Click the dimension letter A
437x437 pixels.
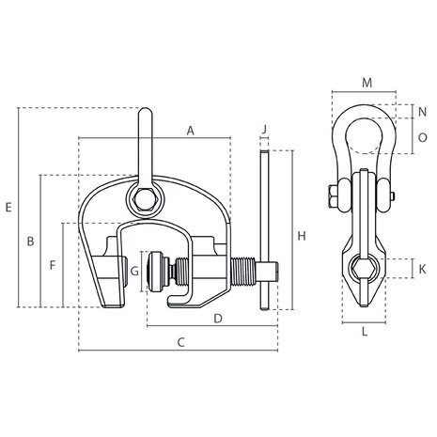(x=190, y=131)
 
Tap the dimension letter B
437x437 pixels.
(x=30, y=242)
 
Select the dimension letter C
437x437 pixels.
(x=181, y=342)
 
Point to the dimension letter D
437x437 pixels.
(x=218, y=319)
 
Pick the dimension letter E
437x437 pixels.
(x=8, y=207)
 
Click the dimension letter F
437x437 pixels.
(x=53, y=265)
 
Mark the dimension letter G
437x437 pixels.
(x=134, y=271)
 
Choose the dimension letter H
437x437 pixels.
(x=302, y=236)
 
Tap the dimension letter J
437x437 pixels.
(x=265, y=129)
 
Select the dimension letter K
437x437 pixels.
(x=422, y=269)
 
